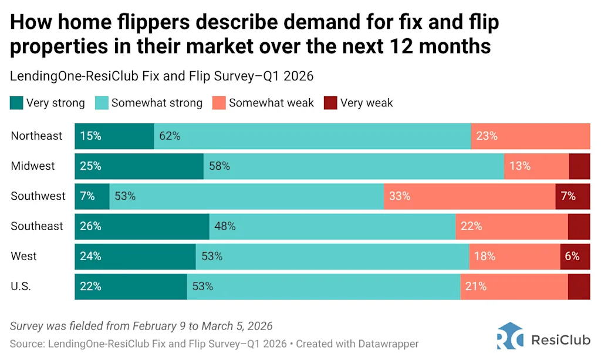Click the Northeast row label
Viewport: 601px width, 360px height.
point(36,136)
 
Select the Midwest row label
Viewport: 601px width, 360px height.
point(33,166)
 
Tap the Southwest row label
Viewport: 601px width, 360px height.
point(38,196)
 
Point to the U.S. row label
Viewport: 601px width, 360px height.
point(21,287)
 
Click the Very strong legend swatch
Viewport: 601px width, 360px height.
point(16,103)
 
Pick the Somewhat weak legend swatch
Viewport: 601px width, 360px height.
point(219,103)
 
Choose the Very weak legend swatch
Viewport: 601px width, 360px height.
point(330,103)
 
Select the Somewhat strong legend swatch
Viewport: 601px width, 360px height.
point(102,103)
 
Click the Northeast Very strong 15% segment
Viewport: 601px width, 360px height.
point(114,136)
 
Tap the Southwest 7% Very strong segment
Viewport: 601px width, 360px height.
point(92,196)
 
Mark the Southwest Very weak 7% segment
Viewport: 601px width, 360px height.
point(572,196)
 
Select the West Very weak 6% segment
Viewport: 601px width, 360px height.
point(575,256)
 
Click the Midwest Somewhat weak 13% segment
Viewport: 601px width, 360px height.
point(536,166)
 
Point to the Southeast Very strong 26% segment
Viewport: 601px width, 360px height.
point(141,226)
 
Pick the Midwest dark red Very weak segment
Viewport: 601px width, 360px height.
point(579,166)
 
